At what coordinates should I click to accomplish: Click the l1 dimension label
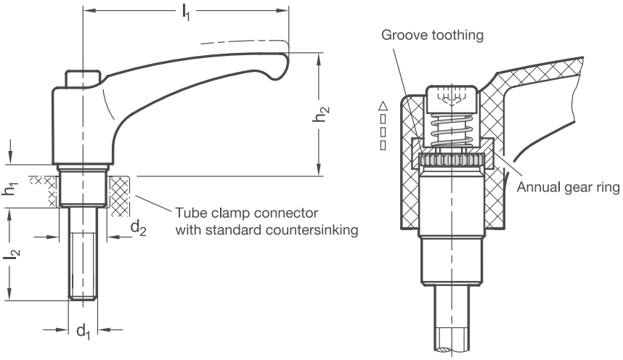coord(186,12)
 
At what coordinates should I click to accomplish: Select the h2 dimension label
coord(321,114)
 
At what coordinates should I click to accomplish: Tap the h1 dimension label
coord(10,188)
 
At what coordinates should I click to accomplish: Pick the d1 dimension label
coord(84,331)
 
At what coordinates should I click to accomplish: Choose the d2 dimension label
coord(138,228)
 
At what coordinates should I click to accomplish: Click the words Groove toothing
coord(432,36)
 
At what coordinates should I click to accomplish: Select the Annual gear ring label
coord(568,187)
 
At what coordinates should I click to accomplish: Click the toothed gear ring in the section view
coord(452,160)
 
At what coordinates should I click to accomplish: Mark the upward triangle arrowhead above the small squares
coord(383,105)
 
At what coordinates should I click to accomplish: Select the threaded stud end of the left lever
coord(83,253)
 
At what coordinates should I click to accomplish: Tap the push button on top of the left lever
coord(83,78)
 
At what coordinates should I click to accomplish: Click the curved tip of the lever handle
coord(280,65)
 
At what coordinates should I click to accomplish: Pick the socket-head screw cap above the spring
coord(452,99)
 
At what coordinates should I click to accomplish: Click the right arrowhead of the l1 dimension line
coord(282,11)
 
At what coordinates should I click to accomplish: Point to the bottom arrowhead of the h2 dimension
coord(319,169)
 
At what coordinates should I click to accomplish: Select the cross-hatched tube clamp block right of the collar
coord(120,196)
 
